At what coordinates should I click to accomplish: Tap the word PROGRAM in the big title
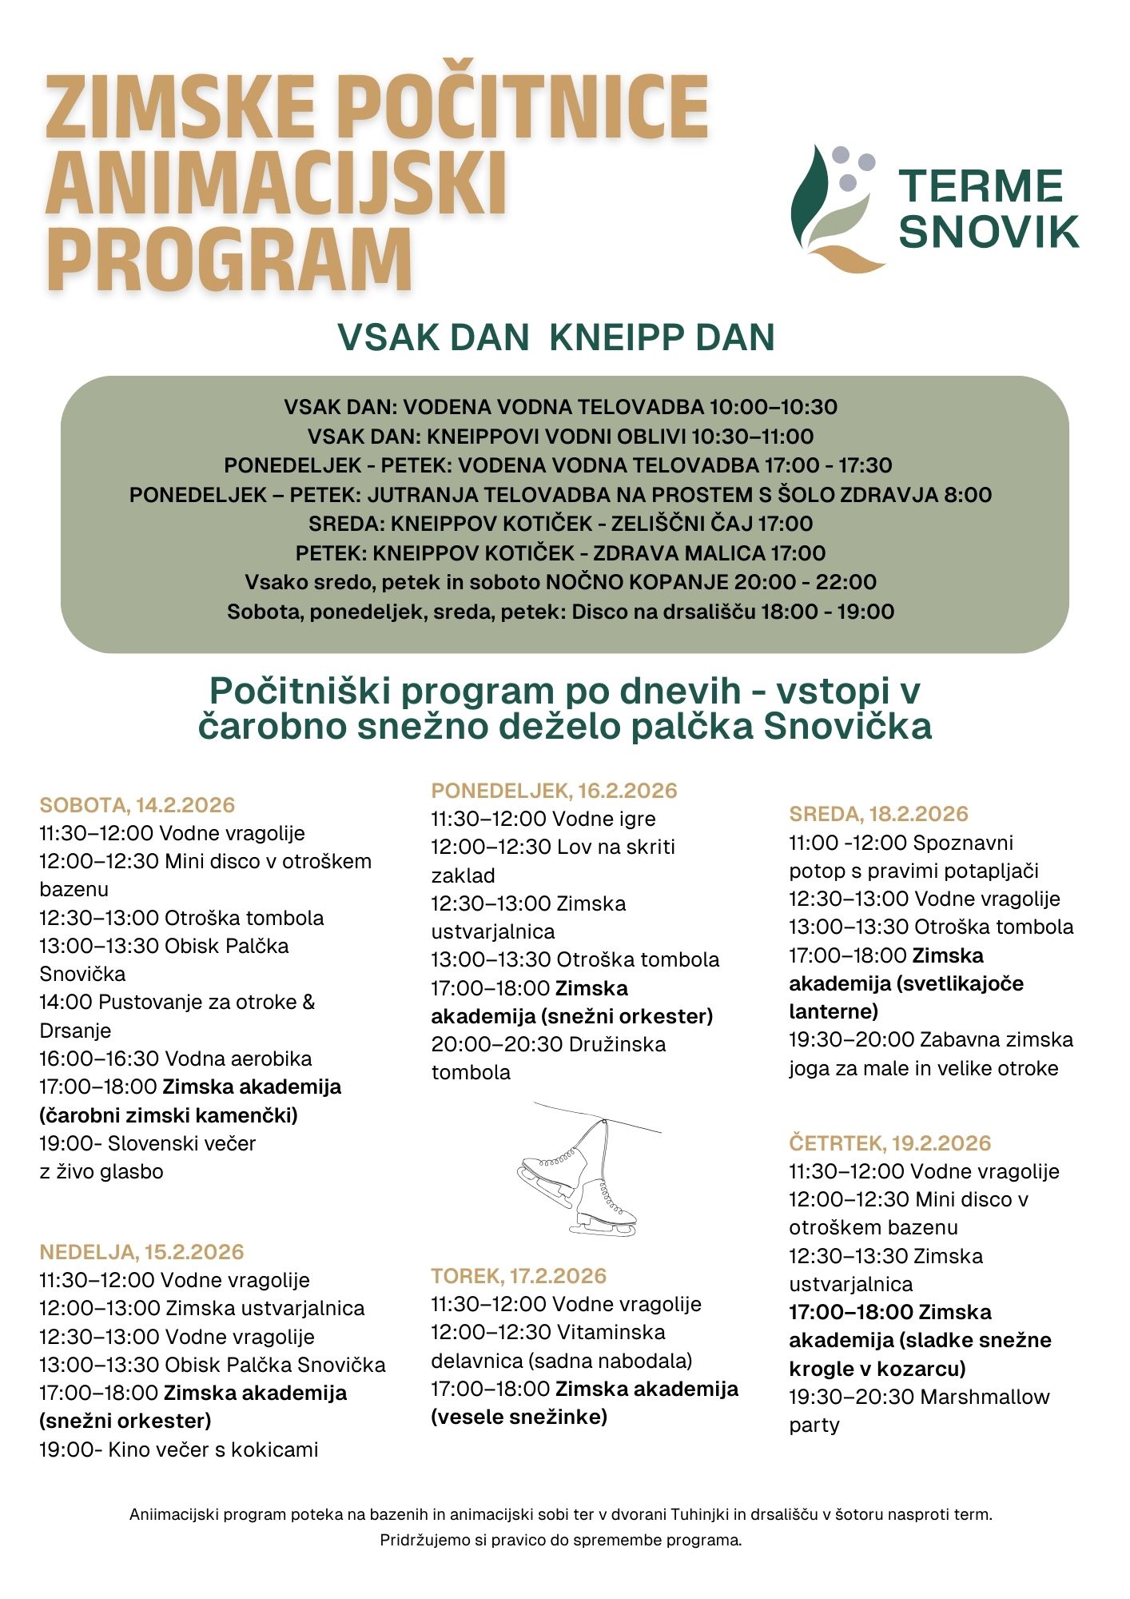tap(229, 259)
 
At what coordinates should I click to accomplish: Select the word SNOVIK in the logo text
tap(989, 232)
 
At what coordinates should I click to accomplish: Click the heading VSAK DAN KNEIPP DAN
tap(556, 337)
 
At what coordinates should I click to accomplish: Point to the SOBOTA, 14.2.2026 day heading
tap(137, 805)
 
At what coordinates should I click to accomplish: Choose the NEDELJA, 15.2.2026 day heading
tap(141, 1252)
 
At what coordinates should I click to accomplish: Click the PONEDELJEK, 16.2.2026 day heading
tap(554, 791)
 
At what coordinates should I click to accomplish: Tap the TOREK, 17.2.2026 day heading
tap(519, 1275)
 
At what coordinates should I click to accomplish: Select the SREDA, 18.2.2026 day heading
tap(878, 814)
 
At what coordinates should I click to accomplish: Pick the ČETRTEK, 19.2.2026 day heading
tap(889, 1142)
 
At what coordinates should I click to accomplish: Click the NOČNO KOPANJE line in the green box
tap(560, 582)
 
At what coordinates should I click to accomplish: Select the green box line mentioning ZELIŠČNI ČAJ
tap(560, 524)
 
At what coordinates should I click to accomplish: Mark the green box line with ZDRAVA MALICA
tap(560, 553)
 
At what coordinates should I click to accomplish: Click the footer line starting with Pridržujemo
tap(560, 1540)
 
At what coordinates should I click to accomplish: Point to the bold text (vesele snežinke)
tap(519, 1417)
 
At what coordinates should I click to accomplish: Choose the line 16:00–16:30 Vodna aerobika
tap(175, 1059)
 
